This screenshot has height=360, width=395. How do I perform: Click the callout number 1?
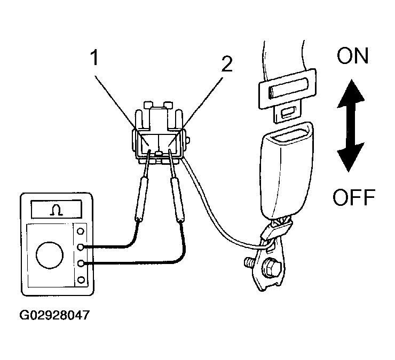(94, 58)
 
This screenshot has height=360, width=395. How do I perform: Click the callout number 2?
(227, 63)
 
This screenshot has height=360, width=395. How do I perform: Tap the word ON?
(353, 55)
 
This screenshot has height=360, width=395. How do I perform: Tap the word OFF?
(354, 197)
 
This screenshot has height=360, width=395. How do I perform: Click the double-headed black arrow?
(350, 125)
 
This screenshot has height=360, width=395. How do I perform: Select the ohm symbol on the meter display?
(57, 210)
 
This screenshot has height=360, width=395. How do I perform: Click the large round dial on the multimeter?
(50, 255)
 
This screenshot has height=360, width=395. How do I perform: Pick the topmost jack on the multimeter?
(81, 231)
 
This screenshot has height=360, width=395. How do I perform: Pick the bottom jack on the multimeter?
(81, 279)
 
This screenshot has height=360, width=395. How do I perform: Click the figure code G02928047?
(54, 315)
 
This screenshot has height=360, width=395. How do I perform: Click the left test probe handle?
(140, 198)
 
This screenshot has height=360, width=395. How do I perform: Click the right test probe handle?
(177, 199)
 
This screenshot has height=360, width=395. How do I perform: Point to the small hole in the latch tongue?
(289, 113)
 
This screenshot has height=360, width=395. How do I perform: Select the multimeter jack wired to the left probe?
(81, 247)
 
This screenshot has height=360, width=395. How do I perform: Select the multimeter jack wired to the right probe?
(81, 263)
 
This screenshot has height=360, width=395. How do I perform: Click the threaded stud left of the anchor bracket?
(249, 262)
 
